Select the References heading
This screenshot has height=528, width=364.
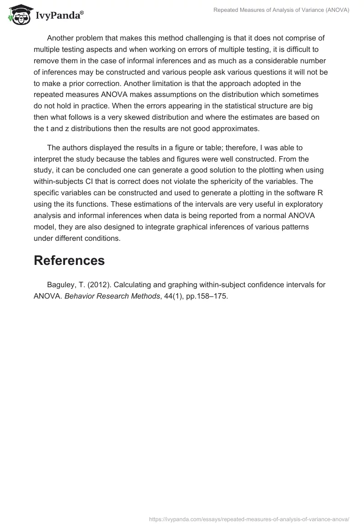(x=69, y=260)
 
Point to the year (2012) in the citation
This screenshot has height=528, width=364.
(x=97, y=284)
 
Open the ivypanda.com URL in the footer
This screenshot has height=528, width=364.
(x=249, y=518)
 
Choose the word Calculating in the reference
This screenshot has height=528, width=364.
(x=134, y=284)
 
